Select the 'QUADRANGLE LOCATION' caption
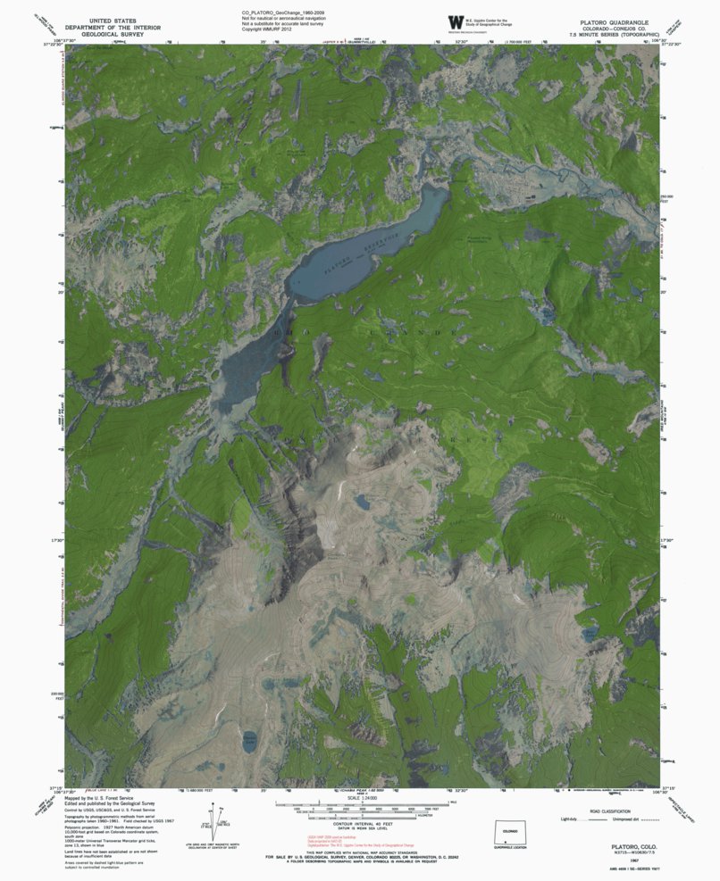(x=509, y=849)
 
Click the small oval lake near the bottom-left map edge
(x=250, y=738)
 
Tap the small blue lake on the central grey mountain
(x=363, y=502)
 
